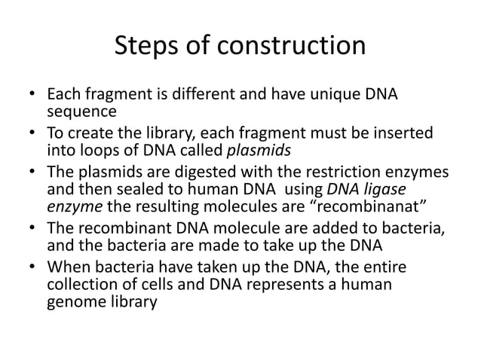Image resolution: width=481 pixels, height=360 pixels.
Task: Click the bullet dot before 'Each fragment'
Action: point(29,97)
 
